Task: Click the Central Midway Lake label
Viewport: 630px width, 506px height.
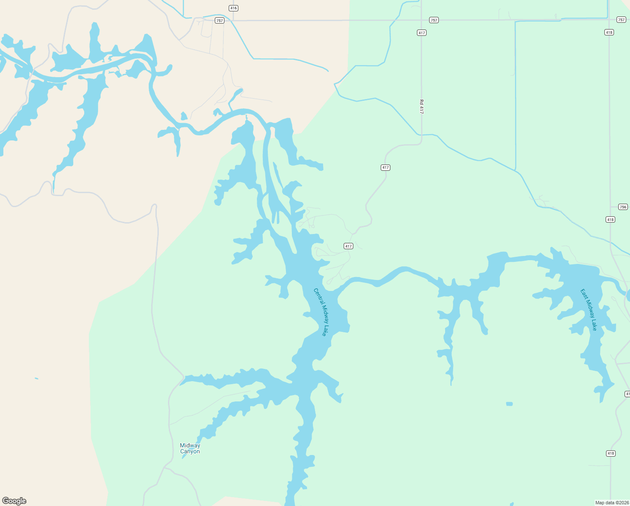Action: coord(320,312)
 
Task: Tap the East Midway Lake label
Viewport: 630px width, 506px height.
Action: coord(589,310)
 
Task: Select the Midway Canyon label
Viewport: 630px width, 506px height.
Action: coord(190,448)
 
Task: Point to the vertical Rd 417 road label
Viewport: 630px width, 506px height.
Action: coord(421,107)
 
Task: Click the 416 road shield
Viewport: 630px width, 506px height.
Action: coord(234,8)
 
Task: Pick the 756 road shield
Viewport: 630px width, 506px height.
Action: coord(623,207)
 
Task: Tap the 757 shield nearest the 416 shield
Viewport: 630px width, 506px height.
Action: coord(219,21)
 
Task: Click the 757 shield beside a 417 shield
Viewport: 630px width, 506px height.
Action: coord(434,20)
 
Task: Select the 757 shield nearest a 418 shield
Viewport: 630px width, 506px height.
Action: coord(621,20)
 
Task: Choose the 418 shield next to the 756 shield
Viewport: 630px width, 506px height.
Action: coord(610,220)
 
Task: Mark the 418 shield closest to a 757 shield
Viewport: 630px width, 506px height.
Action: coord(609,32)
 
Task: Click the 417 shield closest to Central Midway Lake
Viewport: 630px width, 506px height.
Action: coord(348,246)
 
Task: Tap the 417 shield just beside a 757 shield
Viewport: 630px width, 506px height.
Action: coord(422,33)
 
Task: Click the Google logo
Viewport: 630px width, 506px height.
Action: coord(14,501)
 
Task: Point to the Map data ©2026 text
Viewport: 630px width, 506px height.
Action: coord(611,503)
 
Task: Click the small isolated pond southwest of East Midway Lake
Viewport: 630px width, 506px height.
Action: coord(510,404)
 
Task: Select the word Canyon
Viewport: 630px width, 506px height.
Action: coord(190,452)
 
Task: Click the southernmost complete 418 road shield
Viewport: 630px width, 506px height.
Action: coord(611,454)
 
